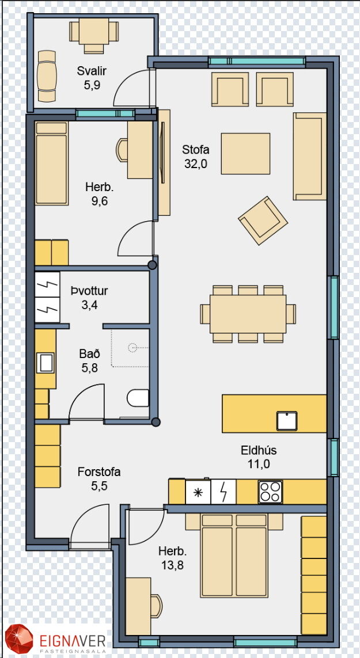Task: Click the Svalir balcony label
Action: point(92,71)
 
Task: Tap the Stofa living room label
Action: point(195,150)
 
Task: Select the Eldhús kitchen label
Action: point(259,451)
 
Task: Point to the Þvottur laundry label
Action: point(89,291)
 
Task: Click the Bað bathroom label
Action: point(89,354)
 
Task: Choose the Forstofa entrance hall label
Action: point(99,471)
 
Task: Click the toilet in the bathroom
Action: point(138,398)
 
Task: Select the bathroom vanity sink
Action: point(45,363)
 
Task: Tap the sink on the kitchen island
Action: point(287,421)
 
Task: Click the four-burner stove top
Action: point(270,492)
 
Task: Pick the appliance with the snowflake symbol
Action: point(198,492)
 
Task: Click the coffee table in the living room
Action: point(246,154)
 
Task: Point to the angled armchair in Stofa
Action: point(263,220)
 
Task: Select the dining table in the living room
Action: point(248,314)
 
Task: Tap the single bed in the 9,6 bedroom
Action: point(51,163)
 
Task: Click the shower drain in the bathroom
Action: point(132,348)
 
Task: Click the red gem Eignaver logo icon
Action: point(19,639)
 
